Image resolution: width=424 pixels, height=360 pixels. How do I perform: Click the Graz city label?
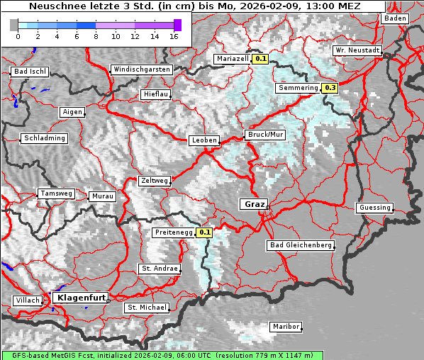[254, 204]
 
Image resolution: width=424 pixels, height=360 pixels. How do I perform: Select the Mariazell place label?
[233, 59]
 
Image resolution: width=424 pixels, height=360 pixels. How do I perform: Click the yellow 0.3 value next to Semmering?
[330, 88]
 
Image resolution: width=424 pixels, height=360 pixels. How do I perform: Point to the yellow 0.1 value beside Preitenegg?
[205, 232]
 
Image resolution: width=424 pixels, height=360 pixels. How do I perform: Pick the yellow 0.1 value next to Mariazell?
[261, 59]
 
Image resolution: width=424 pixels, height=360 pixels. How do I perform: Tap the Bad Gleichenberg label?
[301, 245]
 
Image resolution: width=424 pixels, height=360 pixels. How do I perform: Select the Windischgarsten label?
[141, 69]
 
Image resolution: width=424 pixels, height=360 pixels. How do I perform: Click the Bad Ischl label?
[30, 72]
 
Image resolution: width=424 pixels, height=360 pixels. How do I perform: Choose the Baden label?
[395, 18]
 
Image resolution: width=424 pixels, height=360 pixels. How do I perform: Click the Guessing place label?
[374, 208]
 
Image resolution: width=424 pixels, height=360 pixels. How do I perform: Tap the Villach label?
[27, 300]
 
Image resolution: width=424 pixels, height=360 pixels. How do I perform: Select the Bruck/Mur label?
[264, 134]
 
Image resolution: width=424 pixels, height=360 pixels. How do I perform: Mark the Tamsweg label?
[56, 193]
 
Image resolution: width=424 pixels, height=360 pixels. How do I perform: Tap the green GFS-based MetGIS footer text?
[162, 354]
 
